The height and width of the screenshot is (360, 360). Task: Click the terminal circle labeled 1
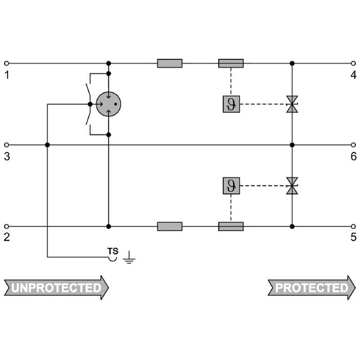[x=7, y=63]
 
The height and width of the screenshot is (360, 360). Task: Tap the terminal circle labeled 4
[x=353, y=63]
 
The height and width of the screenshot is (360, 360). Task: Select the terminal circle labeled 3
[x=7, y=145]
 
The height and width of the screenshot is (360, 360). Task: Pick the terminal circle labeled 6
[x=353, y=145]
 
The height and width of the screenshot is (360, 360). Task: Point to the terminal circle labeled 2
[x=7, y=227]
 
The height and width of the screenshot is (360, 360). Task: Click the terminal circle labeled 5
[x=353, y=227]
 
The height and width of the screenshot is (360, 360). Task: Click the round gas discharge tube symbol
[x=108, y=104]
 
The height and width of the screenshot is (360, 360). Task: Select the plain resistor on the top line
[x=170, y=63]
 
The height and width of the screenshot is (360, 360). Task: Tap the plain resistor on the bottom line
[x=170, y=226]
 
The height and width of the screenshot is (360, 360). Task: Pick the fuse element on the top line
[x=231, y=63]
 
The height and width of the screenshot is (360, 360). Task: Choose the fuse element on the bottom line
[x=231, y=226]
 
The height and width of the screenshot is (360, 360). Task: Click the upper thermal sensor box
[x=231, y=104]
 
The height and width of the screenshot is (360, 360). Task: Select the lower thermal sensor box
[x=231, y=186]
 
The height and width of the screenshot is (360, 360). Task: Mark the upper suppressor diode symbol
[x=292, y=104]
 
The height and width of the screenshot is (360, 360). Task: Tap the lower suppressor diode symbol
[x=292, y=186]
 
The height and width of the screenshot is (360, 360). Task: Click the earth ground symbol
[x=129, y=258]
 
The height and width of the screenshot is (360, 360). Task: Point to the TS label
[x=113, y=251]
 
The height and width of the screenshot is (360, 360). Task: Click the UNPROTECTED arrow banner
[x=56, y=288]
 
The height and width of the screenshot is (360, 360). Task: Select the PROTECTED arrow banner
[x=312, y=288]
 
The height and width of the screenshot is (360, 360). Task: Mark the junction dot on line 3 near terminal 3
[x=47, y=145]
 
